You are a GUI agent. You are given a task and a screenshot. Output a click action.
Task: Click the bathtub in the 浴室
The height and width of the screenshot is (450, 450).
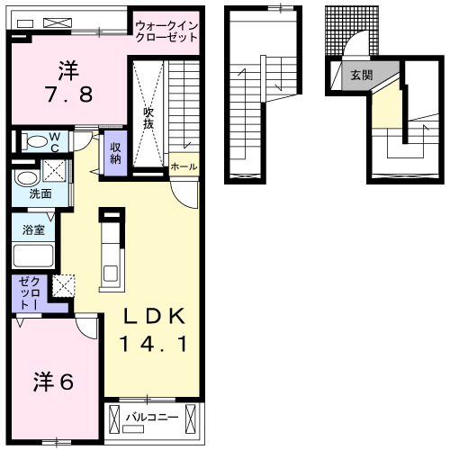33,255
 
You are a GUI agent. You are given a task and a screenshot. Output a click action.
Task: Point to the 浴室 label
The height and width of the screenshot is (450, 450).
33,229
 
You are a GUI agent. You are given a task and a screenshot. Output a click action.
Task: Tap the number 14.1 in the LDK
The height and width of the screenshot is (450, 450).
154,344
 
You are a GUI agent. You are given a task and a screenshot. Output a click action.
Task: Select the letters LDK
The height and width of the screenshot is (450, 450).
154,315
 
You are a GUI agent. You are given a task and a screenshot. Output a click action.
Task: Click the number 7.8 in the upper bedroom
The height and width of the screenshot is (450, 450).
68,93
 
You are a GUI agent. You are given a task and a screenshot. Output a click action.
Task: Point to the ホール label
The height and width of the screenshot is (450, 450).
183,166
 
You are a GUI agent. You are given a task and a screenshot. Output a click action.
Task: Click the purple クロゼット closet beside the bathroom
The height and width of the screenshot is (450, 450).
24,293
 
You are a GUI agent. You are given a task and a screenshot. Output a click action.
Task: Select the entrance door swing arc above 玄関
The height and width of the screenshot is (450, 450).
359,46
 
